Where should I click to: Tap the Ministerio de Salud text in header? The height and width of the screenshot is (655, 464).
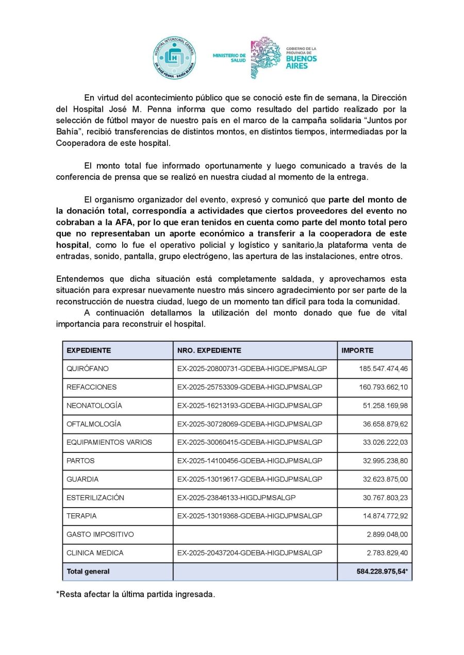click(229, 58)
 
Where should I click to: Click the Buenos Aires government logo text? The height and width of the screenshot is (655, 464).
click(301, 58)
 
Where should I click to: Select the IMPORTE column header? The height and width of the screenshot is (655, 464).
click(357, 350)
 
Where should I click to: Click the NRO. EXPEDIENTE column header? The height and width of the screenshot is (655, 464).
click(209, 350)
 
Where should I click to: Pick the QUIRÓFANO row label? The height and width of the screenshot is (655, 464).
click(88, 369)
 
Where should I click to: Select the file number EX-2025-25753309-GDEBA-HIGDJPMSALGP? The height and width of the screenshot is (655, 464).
click(250, 387)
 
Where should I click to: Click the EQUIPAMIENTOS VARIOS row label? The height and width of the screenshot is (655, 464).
click(102, 442)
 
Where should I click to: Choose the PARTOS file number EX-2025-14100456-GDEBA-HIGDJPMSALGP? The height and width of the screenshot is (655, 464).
click(250, 461)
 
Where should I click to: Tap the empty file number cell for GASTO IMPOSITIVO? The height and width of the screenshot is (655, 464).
click(255, 534)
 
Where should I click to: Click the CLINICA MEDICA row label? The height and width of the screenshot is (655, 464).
click(95, 553)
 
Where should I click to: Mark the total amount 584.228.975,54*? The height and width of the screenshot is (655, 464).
click(382, 572)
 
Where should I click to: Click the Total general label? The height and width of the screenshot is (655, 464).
click(88, 572)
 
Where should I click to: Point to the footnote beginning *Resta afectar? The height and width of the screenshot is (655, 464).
click(135, 594)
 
